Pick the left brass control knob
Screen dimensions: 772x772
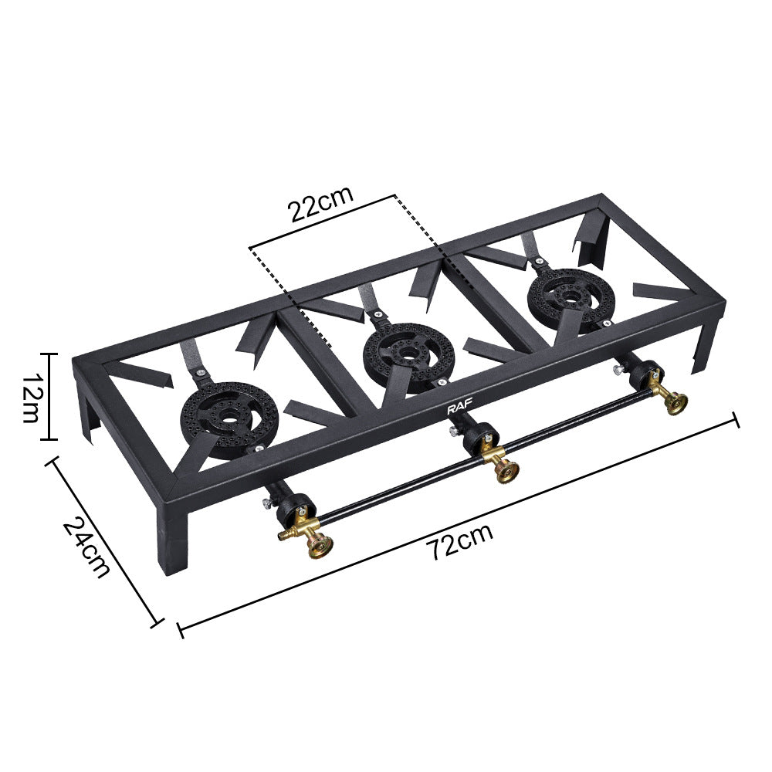[318, 545]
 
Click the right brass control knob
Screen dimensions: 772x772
[676, 401]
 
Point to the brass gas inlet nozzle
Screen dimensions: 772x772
[287, 533]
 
